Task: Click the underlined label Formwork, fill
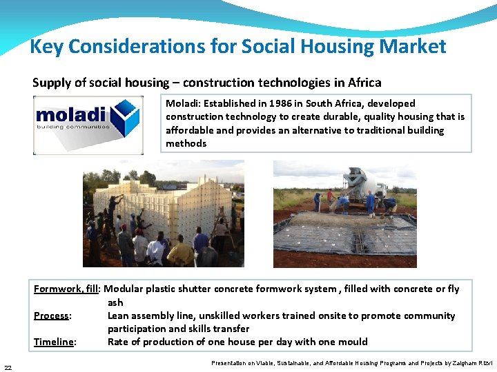coord(66,289)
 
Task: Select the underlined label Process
coord(52,316)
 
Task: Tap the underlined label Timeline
coord(55,342)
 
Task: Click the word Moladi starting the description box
coord(182,103)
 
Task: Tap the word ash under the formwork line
coord(115,302)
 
